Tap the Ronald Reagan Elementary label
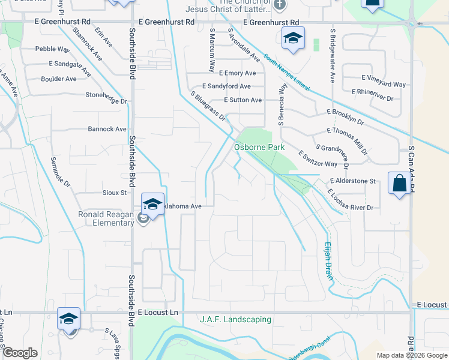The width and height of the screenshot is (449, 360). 106,218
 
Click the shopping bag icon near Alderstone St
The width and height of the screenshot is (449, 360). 400,184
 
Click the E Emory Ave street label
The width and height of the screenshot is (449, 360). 237,73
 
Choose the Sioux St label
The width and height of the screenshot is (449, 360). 115,193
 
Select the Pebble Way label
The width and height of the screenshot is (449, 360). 52,49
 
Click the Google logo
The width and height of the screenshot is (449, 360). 20,353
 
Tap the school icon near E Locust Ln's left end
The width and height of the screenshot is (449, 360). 69,319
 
